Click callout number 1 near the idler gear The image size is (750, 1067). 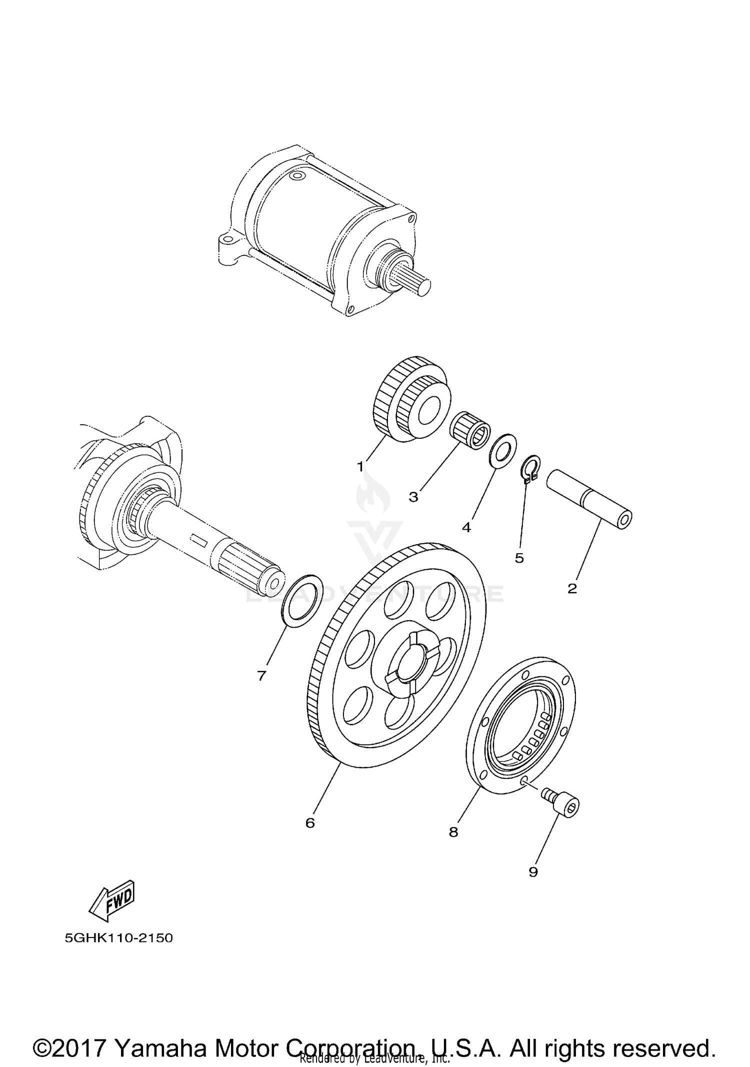360,467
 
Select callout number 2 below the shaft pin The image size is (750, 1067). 572,588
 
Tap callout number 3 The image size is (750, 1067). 413,497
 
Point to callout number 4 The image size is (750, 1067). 466,527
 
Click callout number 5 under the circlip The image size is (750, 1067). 519,558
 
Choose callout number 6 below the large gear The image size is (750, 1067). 310,823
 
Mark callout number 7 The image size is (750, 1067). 261,676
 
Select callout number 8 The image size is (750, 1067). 453,832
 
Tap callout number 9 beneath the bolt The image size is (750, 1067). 533,872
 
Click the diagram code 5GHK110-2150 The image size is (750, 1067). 118,938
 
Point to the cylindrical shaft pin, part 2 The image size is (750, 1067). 590,500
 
